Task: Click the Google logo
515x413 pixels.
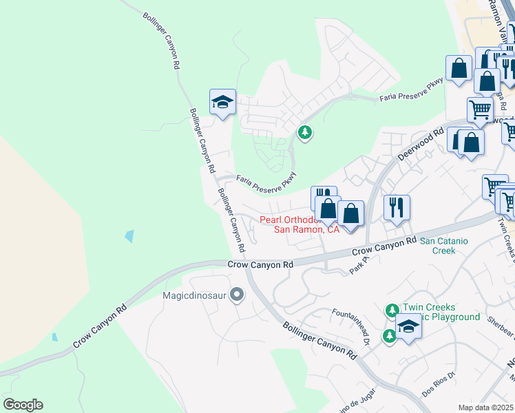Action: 23,405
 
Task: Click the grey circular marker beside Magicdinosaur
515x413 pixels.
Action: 238,295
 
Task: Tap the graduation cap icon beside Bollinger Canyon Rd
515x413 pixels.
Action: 222,103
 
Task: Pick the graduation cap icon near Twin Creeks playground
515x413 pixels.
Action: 408,326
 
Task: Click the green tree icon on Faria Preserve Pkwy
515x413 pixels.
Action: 304,131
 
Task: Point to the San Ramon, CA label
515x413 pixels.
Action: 307,230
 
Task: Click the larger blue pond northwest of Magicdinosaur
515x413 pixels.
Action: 129,236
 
